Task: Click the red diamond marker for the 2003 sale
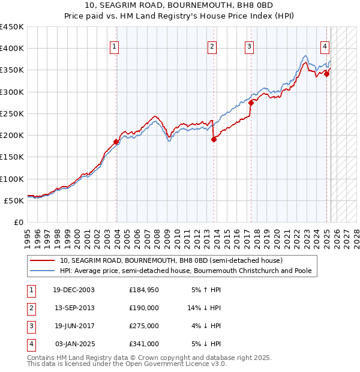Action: tap(116, 142)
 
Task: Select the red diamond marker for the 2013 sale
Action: tap(214, 140)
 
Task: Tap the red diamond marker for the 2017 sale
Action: tap(251, 103)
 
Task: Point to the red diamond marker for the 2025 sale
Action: tap(327, 74)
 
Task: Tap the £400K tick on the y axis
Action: tap(12, 49)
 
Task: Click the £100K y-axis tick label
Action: tap(12, 179)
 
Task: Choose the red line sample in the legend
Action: tap(43, 261)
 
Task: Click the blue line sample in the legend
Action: tap(43, 271)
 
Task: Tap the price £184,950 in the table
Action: tap(143, 290)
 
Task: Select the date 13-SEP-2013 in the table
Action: tap(74, 308)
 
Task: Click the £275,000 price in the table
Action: tap(143, 326)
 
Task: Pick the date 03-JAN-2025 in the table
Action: tap(75, 344)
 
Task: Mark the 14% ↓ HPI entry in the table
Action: tap(205, 308)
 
